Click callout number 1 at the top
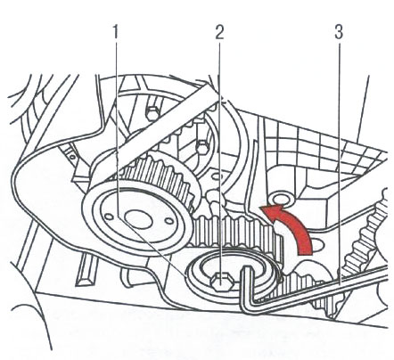[115, 32]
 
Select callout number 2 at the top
[219, 32]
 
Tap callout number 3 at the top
[339, 32]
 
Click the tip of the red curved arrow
[259, 207]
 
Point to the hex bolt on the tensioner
[219, 281]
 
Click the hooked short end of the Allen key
[247, 285]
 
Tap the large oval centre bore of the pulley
[139, 219]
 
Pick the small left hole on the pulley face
[109, 215]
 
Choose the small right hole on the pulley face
[169, 221]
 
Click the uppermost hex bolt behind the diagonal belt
[152, 112]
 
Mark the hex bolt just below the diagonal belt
[202, 147]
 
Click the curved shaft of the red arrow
[301, 232]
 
